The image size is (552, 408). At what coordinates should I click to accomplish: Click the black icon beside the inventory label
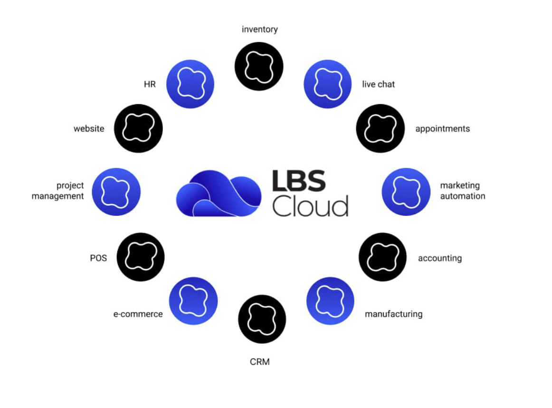pos(259,66)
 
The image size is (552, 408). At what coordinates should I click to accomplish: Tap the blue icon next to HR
pos(190,84)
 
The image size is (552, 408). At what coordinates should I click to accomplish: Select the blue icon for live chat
pos(328,84)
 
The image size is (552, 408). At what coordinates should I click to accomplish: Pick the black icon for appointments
pos(380,128)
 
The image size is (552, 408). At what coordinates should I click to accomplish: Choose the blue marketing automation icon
pos(406,192)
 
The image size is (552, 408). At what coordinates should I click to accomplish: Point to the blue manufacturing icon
pos(330,301)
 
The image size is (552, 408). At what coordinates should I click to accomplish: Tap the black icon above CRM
pos(262,319)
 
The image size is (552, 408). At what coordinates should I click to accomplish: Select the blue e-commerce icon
pos(193,301)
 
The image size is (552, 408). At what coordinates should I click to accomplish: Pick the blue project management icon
pos(116,192)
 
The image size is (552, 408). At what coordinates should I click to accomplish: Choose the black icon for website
pos(139,128)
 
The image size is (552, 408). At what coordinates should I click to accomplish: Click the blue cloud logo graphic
pos(219,194)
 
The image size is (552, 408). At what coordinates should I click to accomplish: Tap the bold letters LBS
pos(298,181)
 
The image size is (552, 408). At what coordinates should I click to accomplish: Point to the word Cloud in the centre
pos(310,206)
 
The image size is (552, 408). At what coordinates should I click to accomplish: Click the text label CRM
pos(260,362)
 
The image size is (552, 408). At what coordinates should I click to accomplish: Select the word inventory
pos(260,29)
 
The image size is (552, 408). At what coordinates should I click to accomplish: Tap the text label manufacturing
pos(393,314)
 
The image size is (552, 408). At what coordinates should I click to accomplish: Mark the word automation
pos(463,196)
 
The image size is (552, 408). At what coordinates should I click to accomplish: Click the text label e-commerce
pos(138,314)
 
